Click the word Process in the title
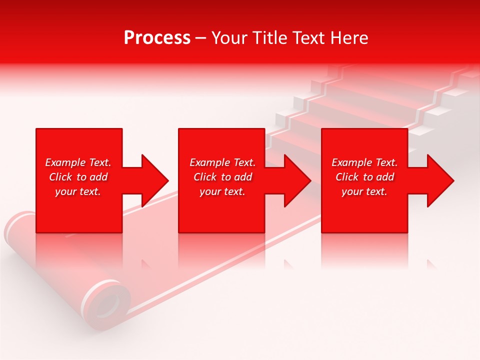point(157,38)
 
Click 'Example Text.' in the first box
point(78,162)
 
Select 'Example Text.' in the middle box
point(222,162)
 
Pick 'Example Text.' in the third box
point(364,162)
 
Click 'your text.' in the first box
point(78,191)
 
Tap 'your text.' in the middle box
point(222,191)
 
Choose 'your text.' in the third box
point(364,191)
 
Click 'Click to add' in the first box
point(78,177)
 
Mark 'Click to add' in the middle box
point(222,177)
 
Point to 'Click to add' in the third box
point(364,177)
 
